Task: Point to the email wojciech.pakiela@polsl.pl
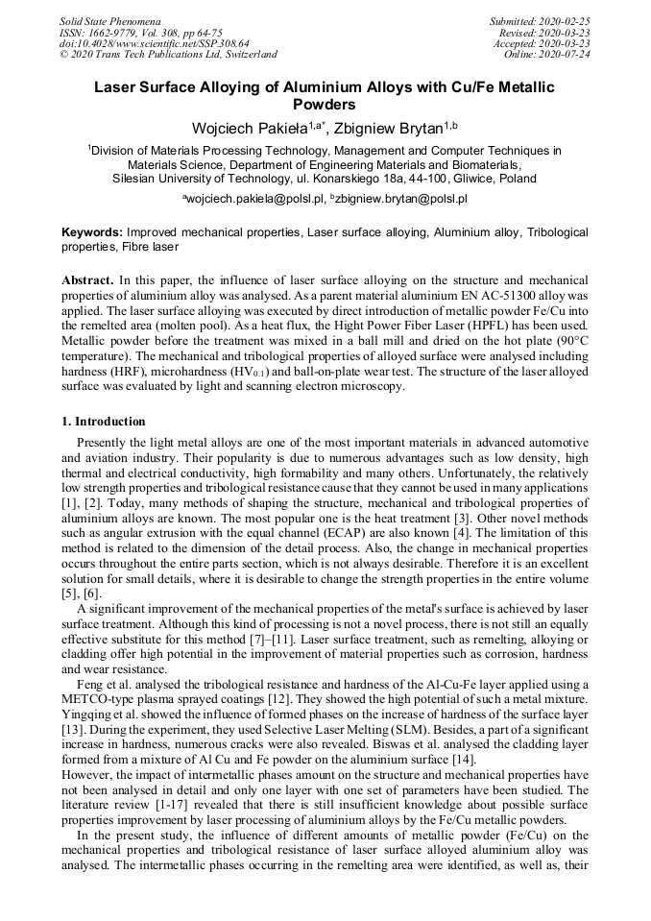tap(253, 199)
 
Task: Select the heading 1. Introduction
tap(104, 421)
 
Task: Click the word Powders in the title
tap(325, 105)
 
